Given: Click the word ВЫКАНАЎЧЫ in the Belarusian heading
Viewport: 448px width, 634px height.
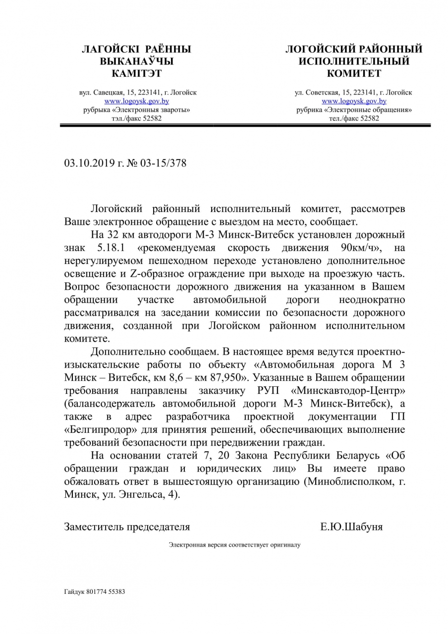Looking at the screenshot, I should click(137, 61).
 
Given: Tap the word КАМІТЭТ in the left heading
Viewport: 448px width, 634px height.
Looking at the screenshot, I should click(137, 74).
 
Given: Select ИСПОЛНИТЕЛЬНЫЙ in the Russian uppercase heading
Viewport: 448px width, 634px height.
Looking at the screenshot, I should click(354, 61).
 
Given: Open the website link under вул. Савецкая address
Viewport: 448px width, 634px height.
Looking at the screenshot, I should click(137, 101).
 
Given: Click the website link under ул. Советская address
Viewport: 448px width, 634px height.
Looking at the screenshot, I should click(354, 101).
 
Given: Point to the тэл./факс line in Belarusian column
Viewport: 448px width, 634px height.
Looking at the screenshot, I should click(137, 119).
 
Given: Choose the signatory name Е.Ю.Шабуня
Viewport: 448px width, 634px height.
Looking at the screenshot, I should click(351, 527).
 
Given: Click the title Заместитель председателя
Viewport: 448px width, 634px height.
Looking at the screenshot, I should click(127, 527).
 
